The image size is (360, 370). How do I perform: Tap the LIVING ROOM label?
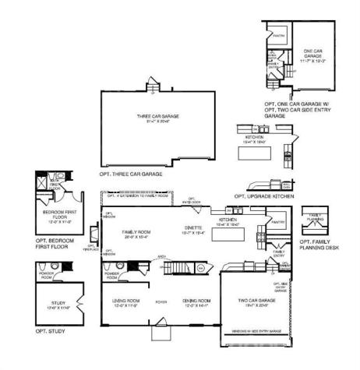point(122,302)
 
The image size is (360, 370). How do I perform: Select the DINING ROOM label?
point(196,302)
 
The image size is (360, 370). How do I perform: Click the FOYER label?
point(161,301)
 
